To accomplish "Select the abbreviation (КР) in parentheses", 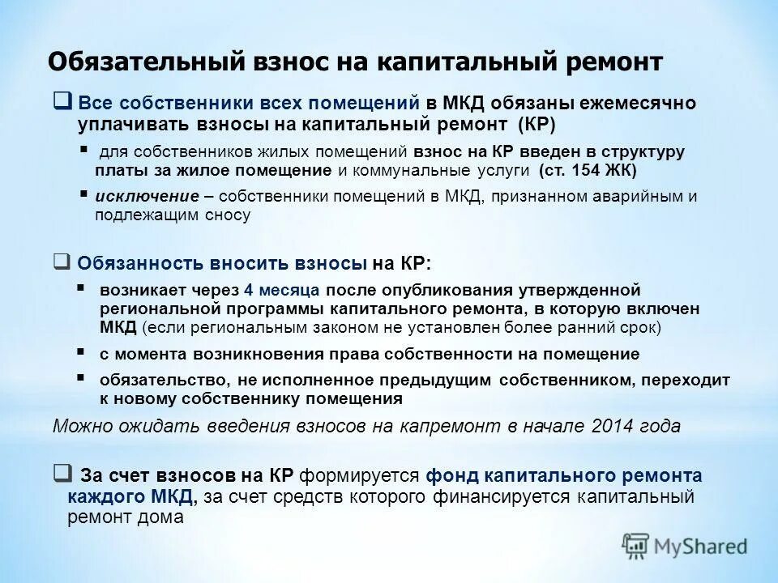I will coord(535,124).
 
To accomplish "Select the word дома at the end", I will coord(164,517).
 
